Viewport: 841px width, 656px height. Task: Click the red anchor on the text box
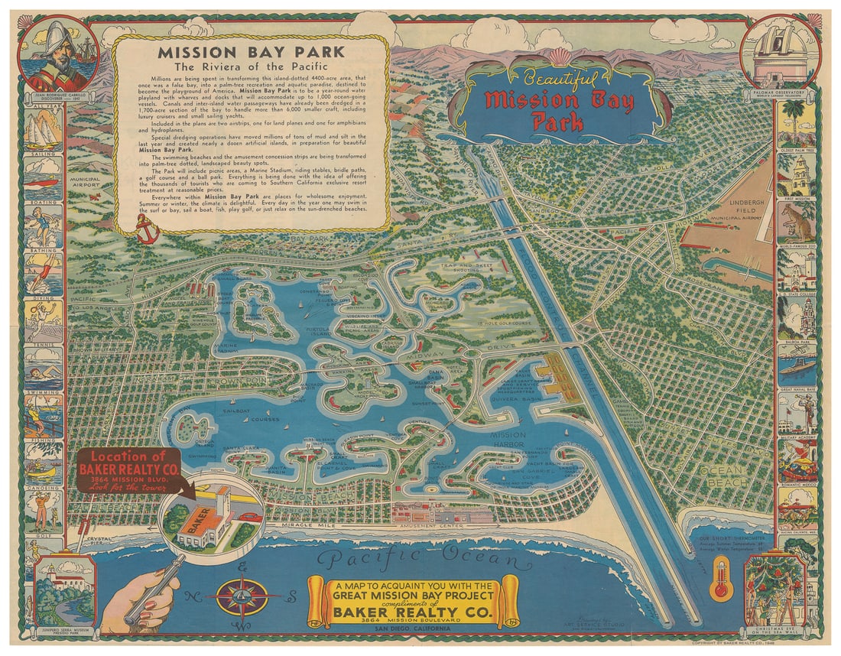click(147, 229)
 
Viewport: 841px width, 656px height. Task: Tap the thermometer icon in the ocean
click(720, 580)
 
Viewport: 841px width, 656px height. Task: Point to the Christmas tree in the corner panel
click(773, 589)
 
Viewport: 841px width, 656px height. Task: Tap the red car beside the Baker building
click(248, 518)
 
